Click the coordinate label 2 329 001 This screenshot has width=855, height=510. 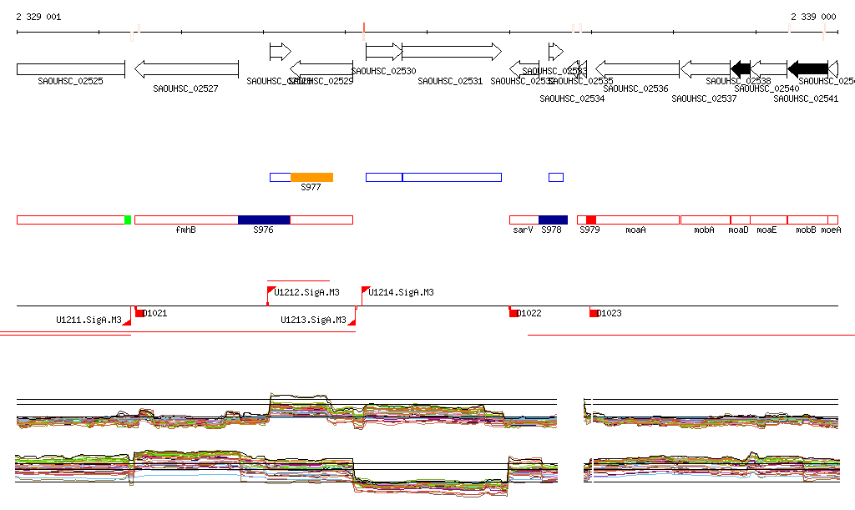click(38, 17)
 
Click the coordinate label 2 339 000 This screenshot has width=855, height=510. click(813, 17)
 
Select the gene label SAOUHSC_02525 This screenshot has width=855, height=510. click(70, 81)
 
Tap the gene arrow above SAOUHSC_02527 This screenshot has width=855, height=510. click(186, 68)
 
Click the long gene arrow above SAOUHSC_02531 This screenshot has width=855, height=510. click(451, 52)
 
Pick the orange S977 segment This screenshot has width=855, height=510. click(311, 177)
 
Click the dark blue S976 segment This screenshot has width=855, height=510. click(264, 220)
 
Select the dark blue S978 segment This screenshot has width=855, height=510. click(552, 220)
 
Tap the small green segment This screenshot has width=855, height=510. click(128, 220)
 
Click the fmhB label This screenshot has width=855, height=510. click(185, 230)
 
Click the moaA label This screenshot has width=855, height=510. click(635, 230)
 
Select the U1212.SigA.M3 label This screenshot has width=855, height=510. click(307, 293)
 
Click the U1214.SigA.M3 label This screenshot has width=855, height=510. click(401, 293)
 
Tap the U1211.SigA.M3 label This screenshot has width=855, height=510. click(89, 320)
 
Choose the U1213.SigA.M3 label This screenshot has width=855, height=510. click(313, 320)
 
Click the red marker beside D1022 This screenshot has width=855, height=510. click(514, 313)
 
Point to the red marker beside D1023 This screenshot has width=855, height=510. click(594, 313)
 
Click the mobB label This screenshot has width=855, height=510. click(806, 230)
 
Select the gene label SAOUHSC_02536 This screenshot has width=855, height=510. click(635, 88)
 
